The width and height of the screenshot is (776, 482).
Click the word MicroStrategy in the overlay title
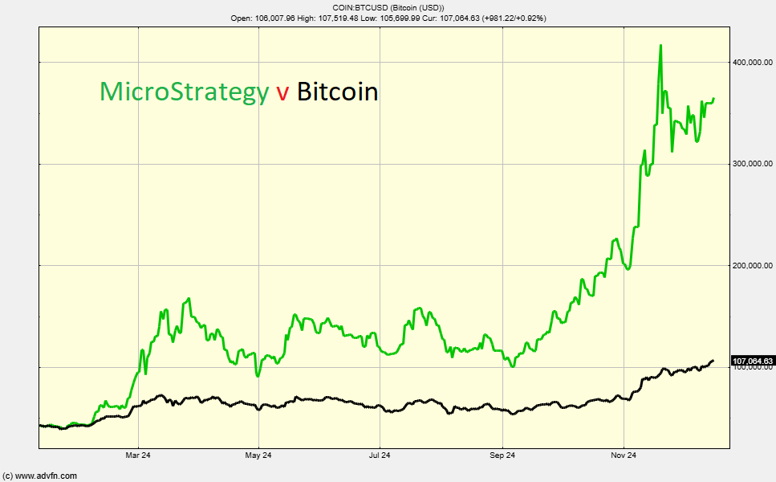[x=184, y=92]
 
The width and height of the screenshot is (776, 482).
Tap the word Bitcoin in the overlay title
[x=337, y=92]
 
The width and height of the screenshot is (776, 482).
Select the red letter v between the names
[x=282, y=93]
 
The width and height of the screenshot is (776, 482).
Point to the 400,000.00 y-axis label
[x=752, y=62]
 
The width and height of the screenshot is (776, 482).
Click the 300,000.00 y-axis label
[x=752, y=164]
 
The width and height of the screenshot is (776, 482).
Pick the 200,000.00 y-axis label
[x=752, y=265]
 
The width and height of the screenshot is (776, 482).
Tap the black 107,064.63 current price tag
[x=753, y=361]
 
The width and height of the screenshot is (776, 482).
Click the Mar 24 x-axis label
[x=139, y=456]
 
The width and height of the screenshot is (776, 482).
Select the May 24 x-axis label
[x=258, y=456]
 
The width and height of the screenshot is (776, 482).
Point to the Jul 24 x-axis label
[x=380, y=456]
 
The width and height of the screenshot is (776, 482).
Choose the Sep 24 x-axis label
[x=502, y=456]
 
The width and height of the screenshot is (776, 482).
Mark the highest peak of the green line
[x=660, y=46]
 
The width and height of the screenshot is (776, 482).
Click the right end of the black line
[x=713, y=361]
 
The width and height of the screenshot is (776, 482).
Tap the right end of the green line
[x=713, y=99]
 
